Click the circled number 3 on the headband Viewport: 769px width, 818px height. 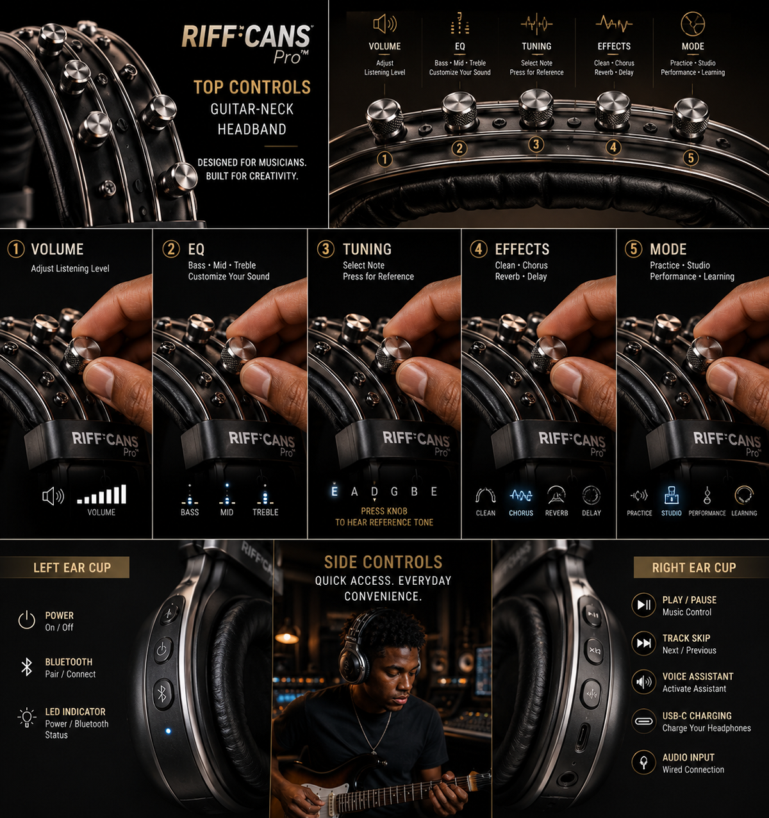(x=536, y=145)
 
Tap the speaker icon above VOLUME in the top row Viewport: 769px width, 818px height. (x=384, y=24)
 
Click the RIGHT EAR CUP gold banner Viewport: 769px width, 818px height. (x=701, y=567)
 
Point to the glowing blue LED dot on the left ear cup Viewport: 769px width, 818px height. (x=168, y=731)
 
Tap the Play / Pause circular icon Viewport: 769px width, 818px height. (x=644, y=605)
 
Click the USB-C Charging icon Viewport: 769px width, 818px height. (x=644, y=721)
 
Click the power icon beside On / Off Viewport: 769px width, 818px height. (x=27, y=620)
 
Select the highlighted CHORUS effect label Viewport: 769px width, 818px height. (x=521, y=513)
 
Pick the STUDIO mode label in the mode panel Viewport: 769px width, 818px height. (x=672, y=513)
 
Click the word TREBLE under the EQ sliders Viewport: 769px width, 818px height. (x=265, y=512)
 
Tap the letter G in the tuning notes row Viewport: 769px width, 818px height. (x=394, y=491)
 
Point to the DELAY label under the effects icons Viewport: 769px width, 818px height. (x=591, y=513)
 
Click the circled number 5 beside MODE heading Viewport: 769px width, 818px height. (x=633, y=249)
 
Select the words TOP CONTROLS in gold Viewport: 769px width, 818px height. (x=252, y=87)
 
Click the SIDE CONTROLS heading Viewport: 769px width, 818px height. (x=383, y=562)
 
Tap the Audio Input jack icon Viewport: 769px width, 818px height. (x=644, y=762)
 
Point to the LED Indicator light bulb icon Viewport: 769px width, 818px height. (x=27, y=717)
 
